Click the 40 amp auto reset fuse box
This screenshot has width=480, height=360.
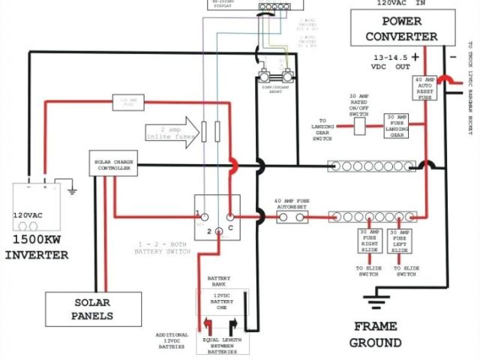424,88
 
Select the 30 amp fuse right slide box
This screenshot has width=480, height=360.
370,239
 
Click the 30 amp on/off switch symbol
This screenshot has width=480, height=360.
360,127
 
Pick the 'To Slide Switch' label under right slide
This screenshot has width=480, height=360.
370,271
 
